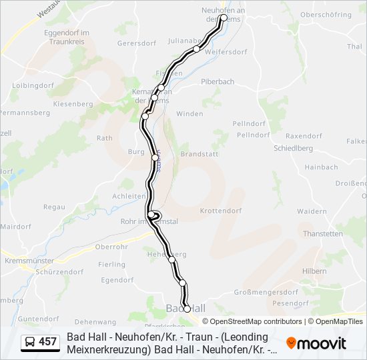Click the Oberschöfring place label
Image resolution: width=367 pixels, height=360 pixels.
tap(326, 14)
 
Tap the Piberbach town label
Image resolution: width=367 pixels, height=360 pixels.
tap(219, 81)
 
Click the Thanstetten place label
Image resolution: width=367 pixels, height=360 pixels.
tap(323, 234)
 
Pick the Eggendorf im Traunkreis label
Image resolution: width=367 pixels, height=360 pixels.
tap(67, 36)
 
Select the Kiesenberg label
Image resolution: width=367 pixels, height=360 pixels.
tap(73, 105)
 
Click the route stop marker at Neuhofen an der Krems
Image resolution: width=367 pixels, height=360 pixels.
tap(223, 18)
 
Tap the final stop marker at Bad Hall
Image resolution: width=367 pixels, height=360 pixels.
tap(187, 308)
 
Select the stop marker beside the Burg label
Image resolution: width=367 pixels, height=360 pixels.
tap(155, 157)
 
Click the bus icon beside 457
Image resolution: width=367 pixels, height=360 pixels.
tap(30, 343)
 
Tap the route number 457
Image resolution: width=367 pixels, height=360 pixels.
tap(48, 343)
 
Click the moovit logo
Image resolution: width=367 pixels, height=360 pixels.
tap(316, 343)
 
